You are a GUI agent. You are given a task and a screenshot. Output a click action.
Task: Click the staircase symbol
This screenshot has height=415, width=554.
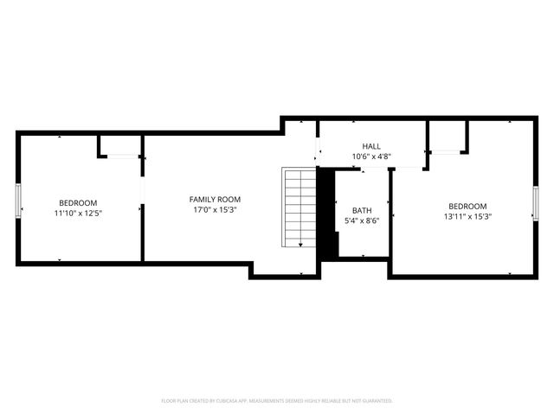(x=300, y=207)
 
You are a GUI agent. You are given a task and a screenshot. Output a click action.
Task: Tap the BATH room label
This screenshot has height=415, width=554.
(x=362, y=210)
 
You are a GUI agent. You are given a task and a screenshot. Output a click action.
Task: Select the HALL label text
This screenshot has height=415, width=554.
(x=371, y=146)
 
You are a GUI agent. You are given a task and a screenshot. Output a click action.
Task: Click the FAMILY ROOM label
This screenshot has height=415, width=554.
(x=215, y=199)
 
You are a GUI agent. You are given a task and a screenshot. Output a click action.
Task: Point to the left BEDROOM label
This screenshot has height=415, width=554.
(x=78, y=202)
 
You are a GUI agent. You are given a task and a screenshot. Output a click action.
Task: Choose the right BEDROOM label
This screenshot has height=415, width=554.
(x=467, y=206)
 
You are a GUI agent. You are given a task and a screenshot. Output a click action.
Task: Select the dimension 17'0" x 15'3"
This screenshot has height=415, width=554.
(x=215, y=209)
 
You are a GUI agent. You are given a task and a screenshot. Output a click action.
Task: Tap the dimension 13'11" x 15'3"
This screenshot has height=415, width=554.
(x=467, y=216)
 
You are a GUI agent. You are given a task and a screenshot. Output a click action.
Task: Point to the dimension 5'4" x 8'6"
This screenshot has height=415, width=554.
(x=362, y=220)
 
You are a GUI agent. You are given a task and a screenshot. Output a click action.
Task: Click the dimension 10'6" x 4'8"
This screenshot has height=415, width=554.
(x=371, y=156)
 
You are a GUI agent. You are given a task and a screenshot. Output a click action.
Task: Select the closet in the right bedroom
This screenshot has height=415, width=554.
(x=447, y=137)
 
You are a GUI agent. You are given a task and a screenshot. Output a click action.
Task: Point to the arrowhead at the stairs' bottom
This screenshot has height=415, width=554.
(x=300, y=246)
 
